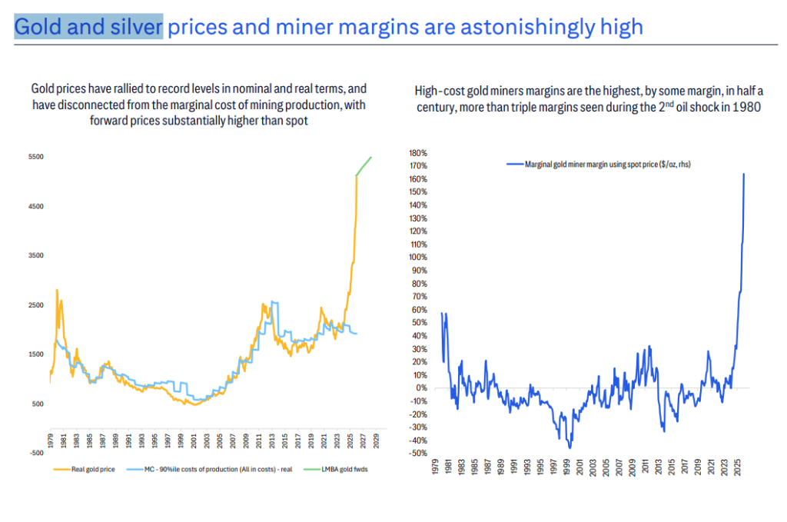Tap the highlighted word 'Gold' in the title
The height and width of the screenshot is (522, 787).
coord(39,28)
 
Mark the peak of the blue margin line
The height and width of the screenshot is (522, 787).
coord(744,174)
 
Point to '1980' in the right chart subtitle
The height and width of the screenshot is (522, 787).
coord(745,108)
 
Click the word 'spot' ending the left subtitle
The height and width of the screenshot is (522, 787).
coord(298,121)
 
